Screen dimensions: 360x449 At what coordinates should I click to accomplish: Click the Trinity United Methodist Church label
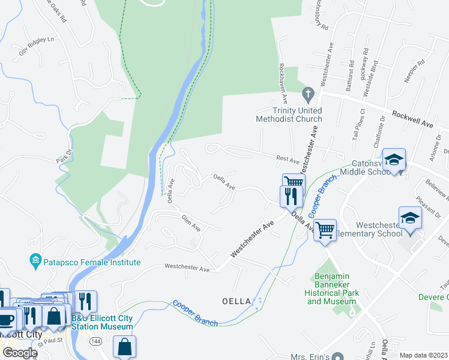coord(289,115)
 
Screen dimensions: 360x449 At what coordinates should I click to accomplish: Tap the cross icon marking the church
coord(308,93)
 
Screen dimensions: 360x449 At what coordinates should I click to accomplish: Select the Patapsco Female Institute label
coord(91,262)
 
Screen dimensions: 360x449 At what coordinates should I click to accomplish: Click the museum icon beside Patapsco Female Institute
coord(34,260)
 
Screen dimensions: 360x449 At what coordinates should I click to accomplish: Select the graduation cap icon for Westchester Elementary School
coord(410,217)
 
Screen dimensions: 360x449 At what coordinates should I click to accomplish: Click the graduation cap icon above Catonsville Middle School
coord(394,160)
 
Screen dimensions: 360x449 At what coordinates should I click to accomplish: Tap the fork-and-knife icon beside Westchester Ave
coord(288,196)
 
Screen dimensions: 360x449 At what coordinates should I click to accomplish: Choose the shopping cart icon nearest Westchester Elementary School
coord(325,229)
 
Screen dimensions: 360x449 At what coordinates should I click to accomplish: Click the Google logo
coord(19,353)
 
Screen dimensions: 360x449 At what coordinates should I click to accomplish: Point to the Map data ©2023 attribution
coord(424,355)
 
